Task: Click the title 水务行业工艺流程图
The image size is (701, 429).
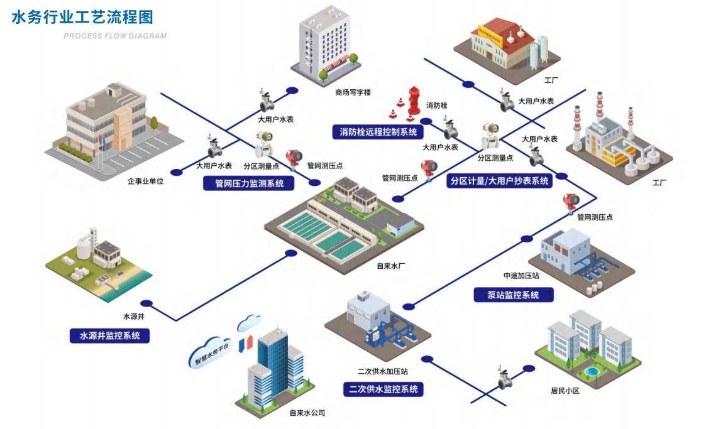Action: click(82, 17)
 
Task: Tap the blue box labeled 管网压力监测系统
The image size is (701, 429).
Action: click(250, 184)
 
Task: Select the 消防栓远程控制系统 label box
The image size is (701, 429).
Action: click(378, 132)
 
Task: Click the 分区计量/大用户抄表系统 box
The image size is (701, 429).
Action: click(500, 181)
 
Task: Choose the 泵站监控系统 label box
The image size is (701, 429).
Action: click(513, 295)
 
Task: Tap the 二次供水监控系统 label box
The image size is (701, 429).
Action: click(384, 389)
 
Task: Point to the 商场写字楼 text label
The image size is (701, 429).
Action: click(353, 92)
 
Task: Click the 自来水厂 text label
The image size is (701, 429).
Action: click(391, 266)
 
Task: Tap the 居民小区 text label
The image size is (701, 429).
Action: click(564, 390)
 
